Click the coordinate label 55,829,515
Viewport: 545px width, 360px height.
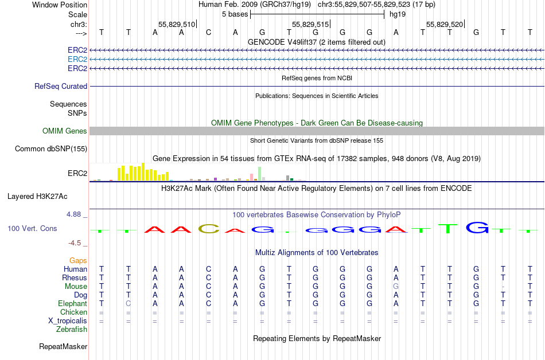point(310,24)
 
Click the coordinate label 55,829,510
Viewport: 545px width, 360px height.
point(176,24)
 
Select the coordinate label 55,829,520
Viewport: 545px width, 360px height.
point(444,24)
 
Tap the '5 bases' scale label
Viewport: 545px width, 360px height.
point(234,14)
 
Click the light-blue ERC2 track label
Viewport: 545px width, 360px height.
point(77,59)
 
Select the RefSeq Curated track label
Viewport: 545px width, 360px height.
point(61,86)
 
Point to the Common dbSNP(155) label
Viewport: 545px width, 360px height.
point(51,149)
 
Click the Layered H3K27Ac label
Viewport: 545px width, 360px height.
point(37,196)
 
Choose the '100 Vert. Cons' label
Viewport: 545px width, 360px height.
point(32,228)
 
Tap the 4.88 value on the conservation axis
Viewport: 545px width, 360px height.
point(75,214)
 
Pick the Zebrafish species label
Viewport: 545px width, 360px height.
point(72,330)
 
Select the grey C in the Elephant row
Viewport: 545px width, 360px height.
point(129,303)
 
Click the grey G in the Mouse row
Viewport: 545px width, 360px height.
point(396,286)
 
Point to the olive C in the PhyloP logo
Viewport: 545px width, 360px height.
point(209,229)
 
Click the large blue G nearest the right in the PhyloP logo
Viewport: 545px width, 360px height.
point(477,228)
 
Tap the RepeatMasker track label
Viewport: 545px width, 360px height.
point(63,347)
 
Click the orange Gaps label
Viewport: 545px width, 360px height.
point(78,260)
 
